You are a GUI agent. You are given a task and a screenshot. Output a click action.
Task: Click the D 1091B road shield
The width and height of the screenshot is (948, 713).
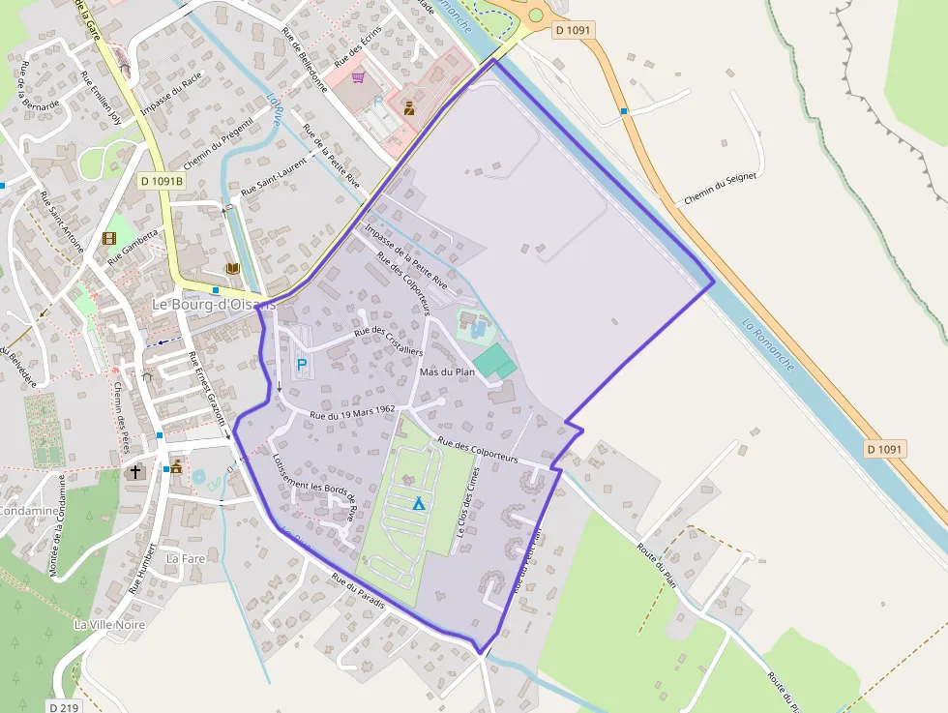point(161,181)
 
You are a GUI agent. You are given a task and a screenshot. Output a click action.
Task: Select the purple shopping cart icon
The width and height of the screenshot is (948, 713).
point(358,77)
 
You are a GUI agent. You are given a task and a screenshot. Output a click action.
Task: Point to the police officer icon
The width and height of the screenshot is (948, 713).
point(409,107)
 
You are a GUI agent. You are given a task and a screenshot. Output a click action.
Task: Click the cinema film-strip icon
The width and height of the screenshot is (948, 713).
point(109,238)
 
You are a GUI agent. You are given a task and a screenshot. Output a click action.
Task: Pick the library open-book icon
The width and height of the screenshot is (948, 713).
point(232,268)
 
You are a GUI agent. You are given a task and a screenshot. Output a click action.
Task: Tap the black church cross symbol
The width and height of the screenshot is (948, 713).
point(135,472)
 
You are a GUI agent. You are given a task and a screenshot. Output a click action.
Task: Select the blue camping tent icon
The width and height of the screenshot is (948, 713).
point(418,503)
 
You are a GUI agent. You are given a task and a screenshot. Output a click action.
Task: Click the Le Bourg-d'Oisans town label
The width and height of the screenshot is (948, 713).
point(214,303)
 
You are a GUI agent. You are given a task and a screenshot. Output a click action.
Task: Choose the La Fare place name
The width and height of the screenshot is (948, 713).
point(186,558)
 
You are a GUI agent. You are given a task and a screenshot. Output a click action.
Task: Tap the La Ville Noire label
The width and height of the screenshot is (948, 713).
point(109,624)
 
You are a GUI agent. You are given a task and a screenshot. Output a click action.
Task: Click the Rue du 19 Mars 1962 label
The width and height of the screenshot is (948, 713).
point(352,412)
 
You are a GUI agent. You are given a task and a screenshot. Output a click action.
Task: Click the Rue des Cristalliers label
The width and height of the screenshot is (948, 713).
point(389,341)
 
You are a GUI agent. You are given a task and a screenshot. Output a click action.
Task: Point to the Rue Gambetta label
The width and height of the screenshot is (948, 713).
point(133,247)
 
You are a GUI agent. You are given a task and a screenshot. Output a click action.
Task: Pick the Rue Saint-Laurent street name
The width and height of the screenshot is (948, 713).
point(274,177)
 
